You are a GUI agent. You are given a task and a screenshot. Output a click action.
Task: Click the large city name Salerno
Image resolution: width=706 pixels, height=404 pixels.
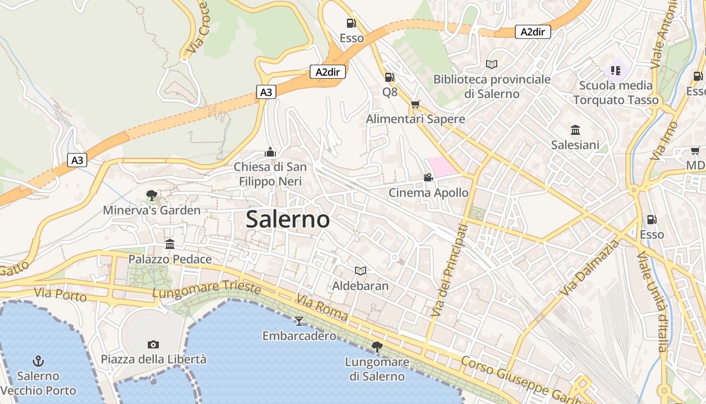[x=288, y=219]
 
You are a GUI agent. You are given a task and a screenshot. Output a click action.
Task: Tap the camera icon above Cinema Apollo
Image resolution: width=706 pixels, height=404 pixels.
[x=428, y=177]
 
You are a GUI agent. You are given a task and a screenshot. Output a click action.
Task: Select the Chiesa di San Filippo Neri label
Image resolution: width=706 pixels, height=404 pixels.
[x=270, y=174]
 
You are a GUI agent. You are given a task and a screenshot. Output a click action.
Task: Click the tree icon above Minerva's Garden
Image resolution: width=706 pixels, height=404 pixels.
[x=151, y=195]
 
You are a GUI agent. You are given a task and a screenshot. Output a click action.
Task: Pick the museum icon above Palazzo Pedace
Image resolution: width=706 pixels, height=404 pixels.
[x=170, y=244]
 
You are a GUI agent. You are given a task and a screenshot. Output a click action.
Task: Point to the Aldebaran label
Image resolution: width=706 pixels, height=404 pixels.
[x=360, y=286]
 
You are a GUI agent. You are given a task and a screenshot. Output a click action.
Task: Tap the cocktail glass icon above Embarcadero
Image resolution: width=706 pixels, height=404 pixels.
[x=299, y=321]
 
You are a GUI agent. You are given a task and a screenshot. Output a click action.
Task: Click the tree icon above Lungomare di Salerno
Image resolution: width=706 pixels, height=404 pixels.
[x=377, y=346]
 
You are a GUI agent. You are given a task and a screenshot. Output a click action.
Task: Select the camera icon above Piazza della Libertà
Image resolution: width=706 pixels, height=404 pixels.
[x=153, y=344]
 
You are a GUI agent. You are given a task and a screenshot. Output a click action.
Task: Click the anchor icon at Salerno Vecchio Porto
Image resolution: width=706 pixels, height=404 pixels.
[x=38, y=361]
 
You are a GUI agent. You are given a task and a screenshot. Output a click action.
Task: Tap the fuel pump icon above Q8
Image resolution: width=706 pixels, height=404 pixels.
[x=389, y=77]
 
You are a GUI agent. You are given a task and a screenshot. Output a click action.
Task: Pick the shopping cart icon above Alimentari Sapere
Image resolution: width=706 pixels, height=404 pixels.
[x=415, y=105]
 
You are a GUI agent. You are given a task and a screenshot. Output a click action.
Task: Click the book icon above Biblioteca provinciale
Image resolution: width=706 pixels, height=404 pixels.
[x=492, y=64]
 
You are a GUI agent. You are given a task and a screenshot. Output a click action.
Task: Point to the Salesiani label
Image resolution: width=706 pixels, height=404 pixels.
[x=575, y=145]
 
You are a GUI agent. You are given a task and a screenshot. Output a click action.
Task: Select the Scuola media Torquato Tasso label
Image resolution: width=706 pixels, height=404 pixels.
[x=616, y=92]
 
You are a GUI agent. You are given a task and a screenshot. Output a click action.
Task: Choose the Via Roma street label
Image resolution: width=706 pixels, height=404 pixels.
[x=322, y=308]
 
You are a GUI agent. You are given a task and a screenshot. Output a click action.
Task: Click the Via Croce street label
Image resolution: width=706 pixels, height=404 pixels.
[x=197, y=28]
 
